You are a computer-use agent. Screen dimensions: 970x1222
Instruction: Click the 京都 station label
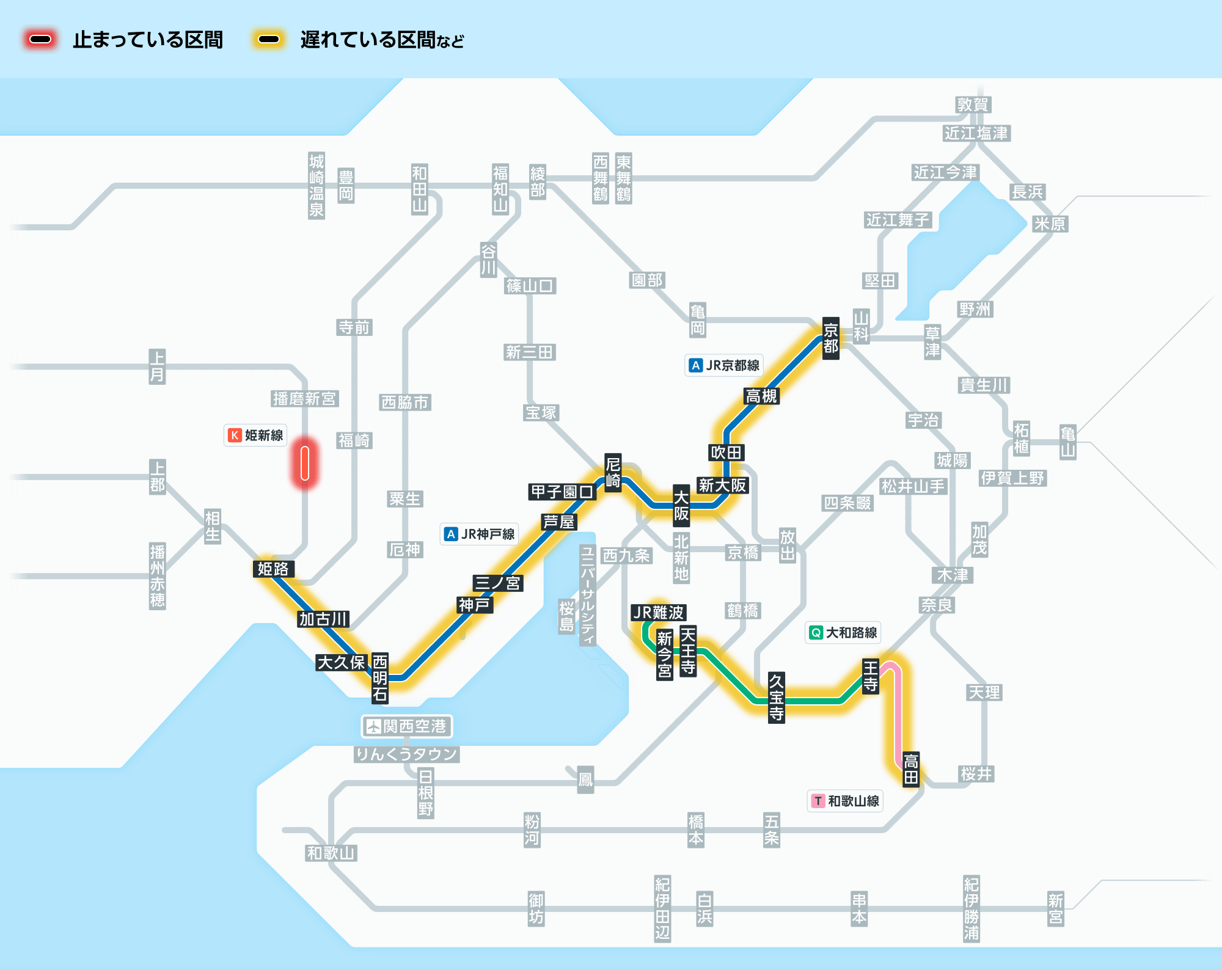830,338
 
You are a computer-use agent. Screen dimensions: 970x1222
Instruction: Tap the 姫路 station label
273,569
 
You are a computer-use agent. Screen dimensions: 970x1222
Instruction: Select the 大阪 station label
681,506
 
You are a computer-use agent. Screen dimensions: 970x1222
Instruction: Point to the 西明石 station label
380,677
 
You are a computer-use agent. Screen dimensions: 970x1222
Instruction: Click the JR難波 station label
658,612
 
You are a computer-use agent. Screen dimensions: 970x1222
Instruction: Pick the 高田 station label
911,769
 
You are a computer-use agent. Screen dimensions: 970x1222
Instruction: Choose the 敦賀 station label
973,104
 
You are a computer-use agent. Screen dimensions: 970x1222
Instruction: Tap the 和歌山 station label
331,853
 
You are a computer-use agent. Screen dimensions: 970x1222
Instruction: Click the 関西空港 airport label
407,726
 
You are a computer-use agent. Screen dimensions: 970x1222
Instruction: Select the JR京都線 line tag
725,365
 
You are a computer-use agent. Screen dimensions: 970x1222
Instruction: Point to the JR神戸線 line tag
480,534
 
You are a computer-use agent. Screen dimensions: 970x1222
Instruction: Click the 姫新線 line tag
255,435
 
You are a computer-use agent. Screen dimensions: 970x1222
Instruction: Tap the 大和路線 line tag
843,632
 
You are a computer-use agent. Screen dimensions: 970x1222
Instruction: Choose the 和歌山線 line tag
846,801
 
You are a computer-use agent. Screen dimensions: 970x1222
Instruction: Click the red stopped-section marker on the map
305,463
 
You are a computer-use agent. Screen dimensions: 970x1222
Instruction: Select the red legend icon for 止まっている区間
40,40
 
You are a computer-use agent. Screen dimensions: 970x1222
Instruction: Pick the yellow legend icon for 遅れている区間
269,40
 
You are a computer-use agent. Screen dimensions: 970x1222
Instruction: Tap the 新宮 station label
1055,908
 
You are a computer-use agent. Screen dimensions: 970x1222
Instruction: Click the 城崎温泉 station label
316,186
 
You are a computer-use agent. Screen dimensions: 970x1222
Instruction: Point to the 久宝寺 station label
776,697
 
